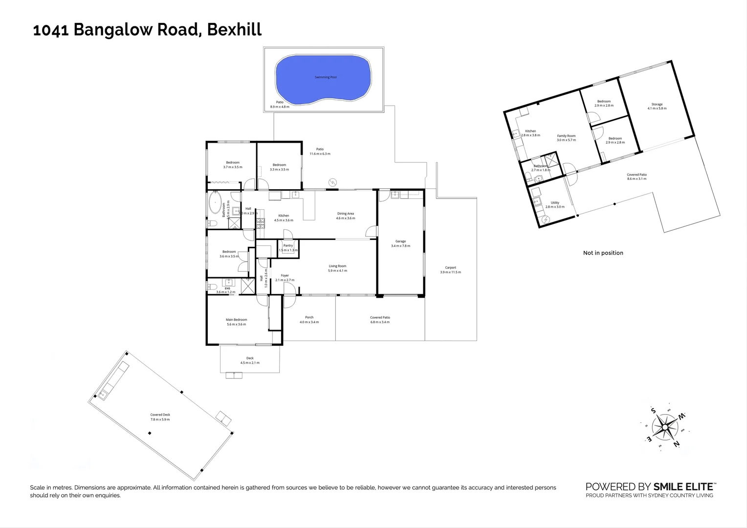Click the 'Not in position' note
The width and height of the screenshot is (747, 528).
pos(603,253)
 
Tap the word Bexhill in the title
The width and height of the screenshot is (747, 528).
pos(234,29)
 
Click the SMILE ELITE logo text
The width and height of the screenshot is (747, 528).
pos(684,486)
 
